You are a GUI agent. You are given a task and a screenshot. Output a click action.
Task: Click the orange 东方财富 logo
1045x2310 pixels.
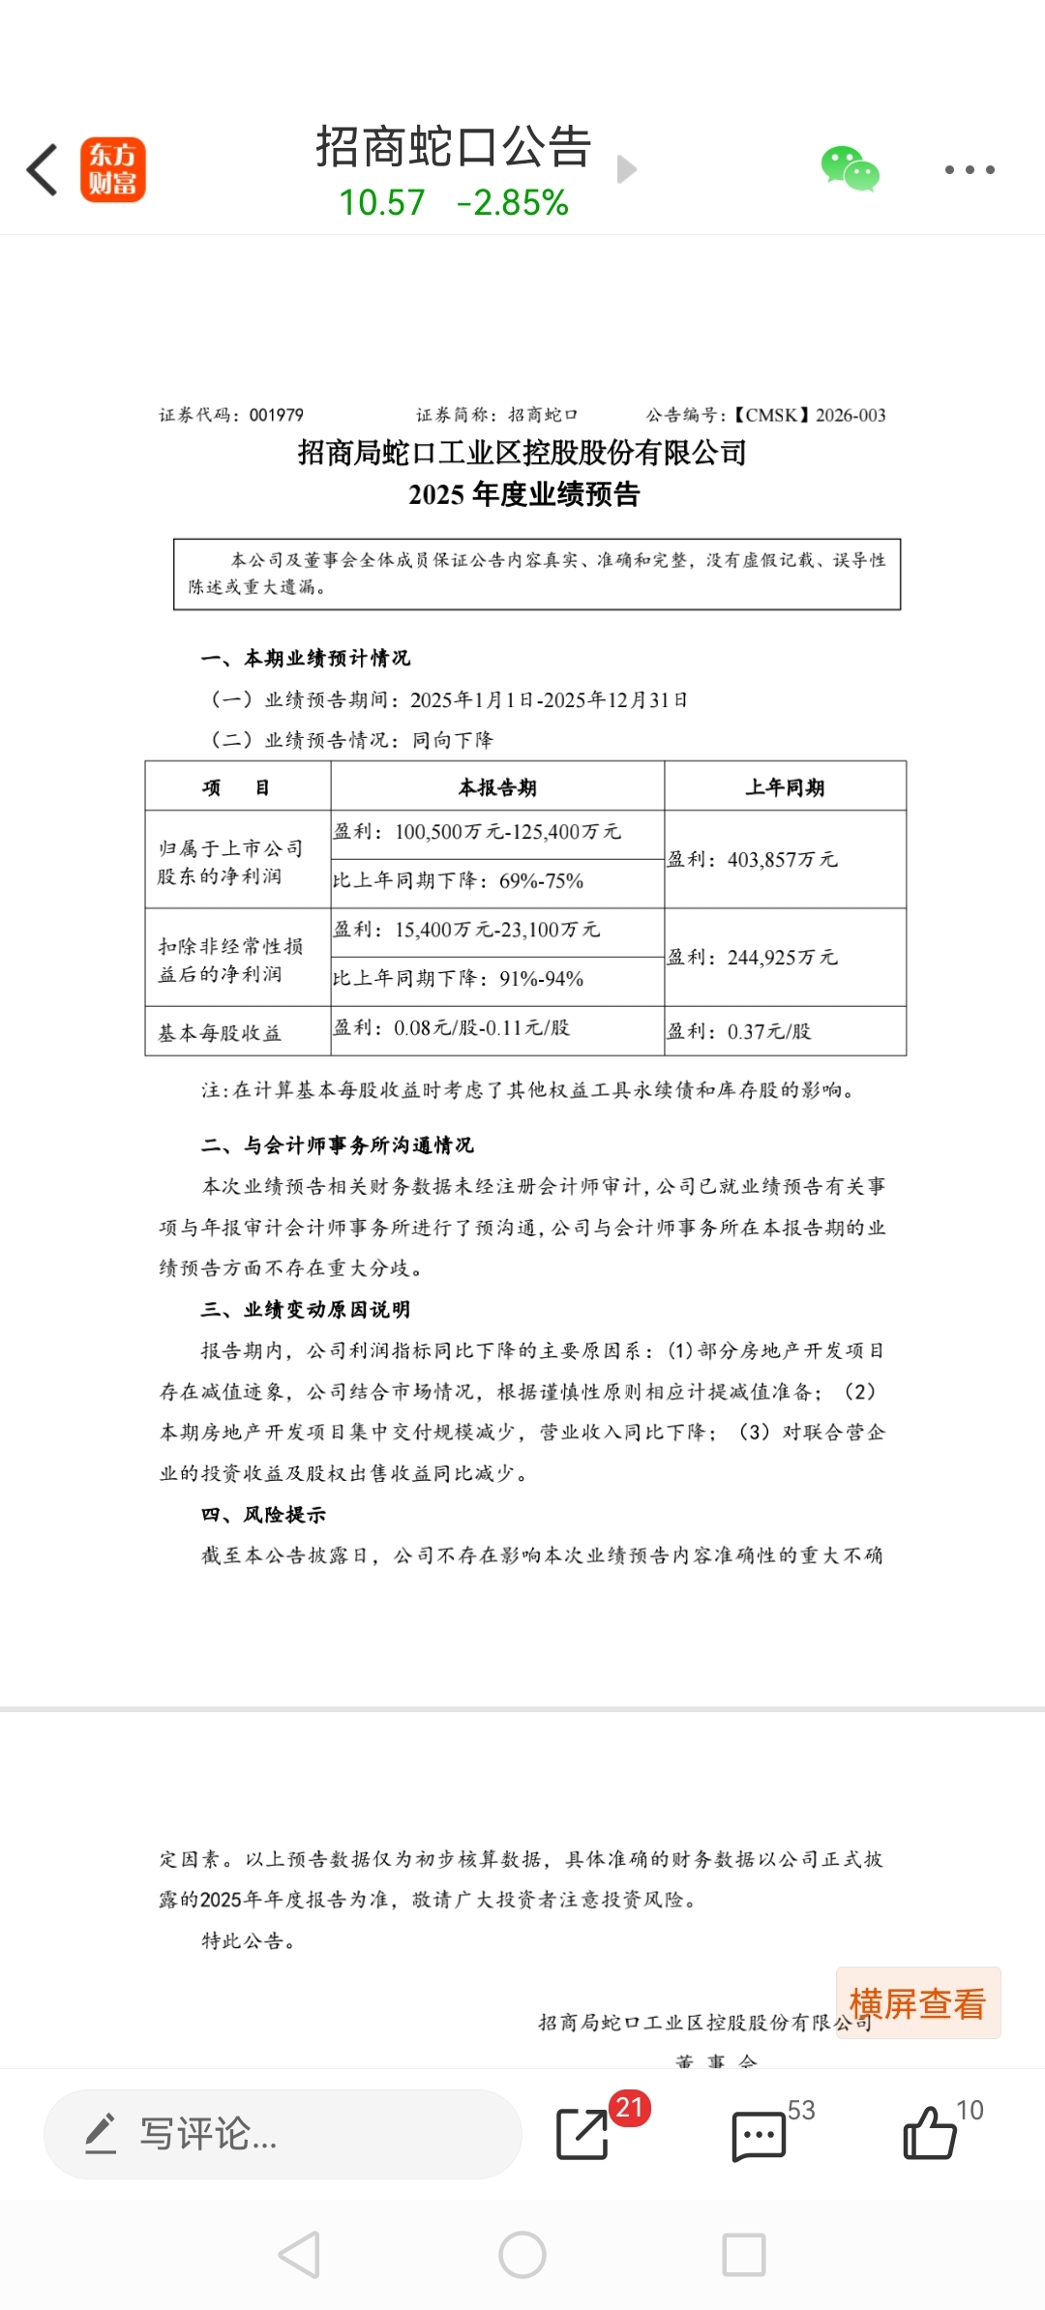click(x=112, y=169)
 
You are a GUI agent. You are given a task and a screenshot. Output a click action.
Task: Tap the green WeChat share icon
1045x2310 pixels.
click(x=850, y=169)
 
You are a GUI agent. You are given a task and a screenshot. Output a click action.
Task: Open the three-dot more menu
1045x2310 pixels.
click(x=970, y=170)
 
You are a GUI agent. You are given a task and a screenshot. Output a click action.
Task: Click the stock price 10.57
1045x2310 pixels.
click(x=381, y=203)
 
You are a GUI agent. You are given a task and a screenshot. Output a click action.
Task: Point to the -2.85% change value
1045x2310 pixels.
click(x=513, y=203)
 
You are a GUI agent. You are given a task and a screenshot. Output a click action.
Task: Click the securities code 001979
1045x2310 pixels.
click(x=277, y=415)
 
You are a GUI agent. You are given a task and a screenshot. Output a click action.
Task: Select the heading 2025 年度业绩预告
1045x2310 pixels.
click(x=523, y=494)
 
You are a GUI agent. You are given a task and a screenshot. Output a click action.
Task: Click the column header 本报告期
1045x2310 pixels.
click(x=497, y=787)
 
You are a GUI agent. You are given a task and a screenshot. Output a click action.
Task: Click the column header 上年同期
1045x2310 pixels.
click(x=785, y=787)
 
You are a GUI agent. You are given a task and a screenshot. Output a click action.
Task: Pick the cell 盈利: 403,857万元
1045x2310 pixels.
click(x=753, y=860)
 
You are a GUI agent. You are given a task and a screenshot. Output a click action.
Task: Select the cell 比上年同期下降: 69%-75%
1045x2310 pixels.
click(x=459, y=881)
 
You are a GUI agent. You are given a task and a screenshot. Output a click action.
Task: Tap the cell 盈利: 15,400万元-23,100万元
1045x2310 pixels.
click(x=467, y=931)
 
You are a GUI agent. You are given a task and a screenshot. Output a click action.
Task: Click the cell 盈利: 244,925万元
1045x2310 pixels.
click(x=753, y=958)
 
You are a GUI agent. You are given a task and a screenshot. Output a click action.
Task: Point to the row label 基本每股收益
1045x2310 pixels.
click(x=220, y=1033)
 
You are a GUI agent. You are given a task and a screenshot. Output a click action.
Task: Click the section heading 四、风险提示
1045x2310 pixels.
click(x=263, y=1515)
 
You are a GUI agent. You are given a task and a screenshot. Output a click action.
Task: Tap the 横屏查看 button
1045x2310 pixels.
click(x=917, y=2003)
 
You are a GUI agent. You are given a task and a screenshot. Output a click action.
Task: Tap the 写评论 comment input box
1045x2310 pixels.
click(x=283, y=2134)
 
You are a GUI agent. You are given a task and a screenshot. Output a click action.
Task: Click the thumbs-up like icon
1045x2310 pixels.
click(x=929, y=2133)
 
